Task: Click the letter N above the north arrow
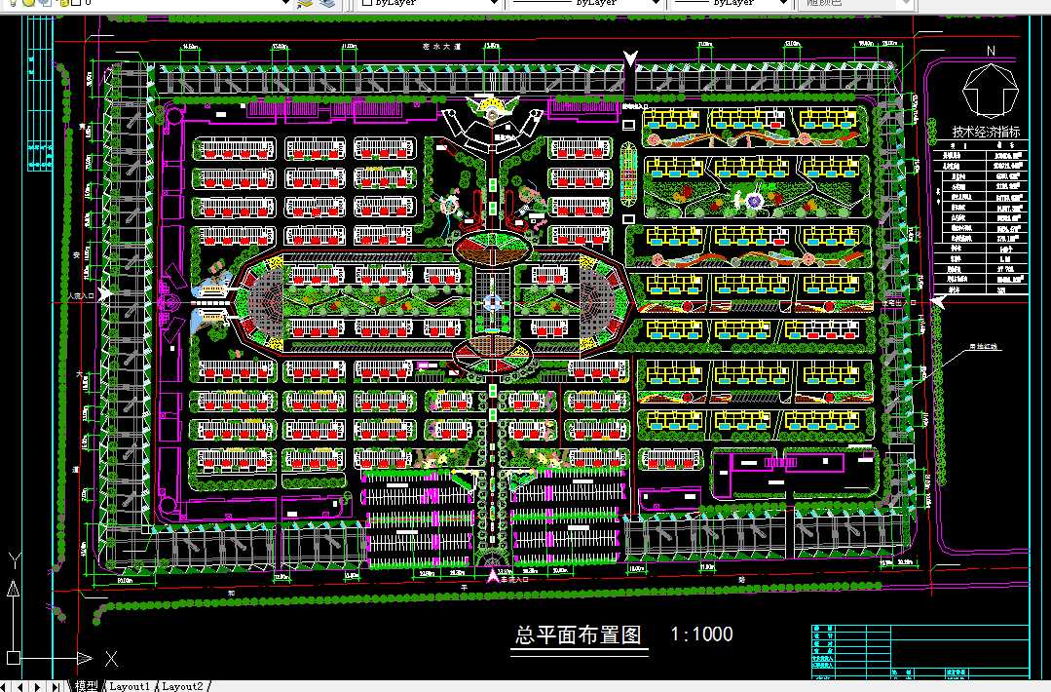click(990, 51)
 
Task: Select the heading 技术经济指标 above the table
click(987, 133)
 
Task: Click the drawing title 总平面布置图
click(578, 635)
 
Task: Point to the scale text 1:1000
click(701, 634)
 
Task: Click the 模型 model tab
click(86, 686)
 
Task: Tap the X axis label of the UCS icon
click(112, 658)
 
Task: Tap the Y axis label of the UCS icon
click(14, 560)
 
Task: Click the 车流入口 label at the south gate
click(516, 579)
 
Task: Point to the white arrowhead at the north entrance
click(631, 60)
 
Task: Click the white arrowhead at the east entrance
click(937, 302)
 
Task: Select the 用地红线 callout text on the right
click(983, 345)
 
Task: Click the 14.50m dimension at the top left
click(189, 47)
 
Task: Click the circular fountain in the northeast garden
click(753, 200)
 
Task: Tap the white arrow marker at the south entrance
click(493, 577)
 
